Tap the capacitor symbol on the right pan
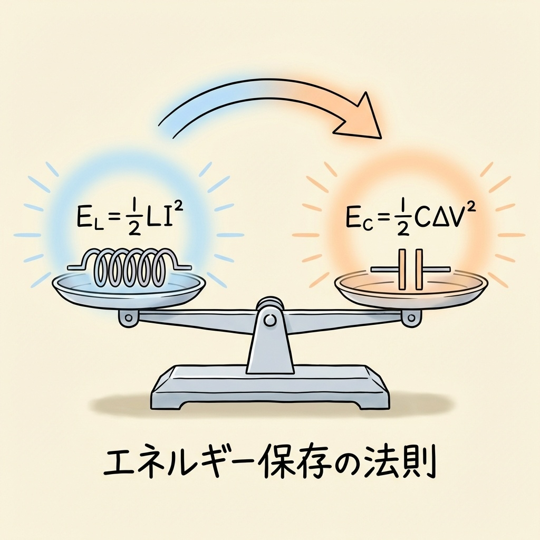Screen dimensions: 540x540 (x=411, y=269)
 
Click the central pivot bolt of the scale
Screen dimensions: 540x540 (x=270, y=320)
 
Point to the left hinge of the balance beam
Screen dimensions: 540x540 (x=128, y=317)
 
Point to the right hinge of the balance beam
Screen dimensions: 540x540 (x=408, y=317)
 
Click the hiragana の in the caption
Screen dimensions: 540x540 (x=348, y=462)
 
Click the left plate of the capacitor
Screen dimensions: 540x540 (x=402, y=269)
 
